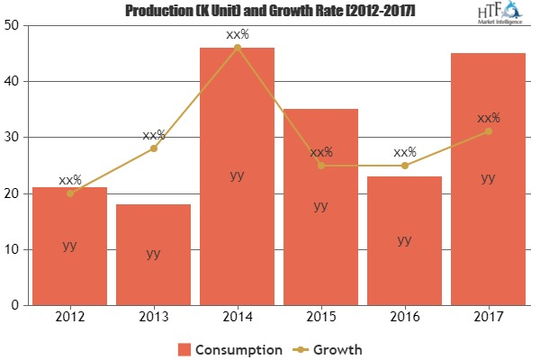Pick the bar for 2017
pos(488,179)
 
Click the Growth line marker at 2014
pos(237,47)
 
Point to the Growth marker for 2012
pos(69,193)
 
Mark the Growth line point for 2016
pos(404,166)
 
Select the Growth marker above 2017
pos(488,131)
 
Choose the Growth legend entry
pos(330,348)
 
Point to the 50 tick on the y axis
pos(15,25)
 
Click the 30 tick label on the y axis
pos(15,138)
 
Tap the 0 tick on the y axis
pos(19,306)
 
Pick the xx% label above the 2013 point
pos(153,135)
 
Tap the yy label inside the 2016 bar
pos(404,239)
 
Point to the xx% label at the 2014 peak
pos(237,34)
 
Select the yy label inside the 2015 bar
pos(320,205)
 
